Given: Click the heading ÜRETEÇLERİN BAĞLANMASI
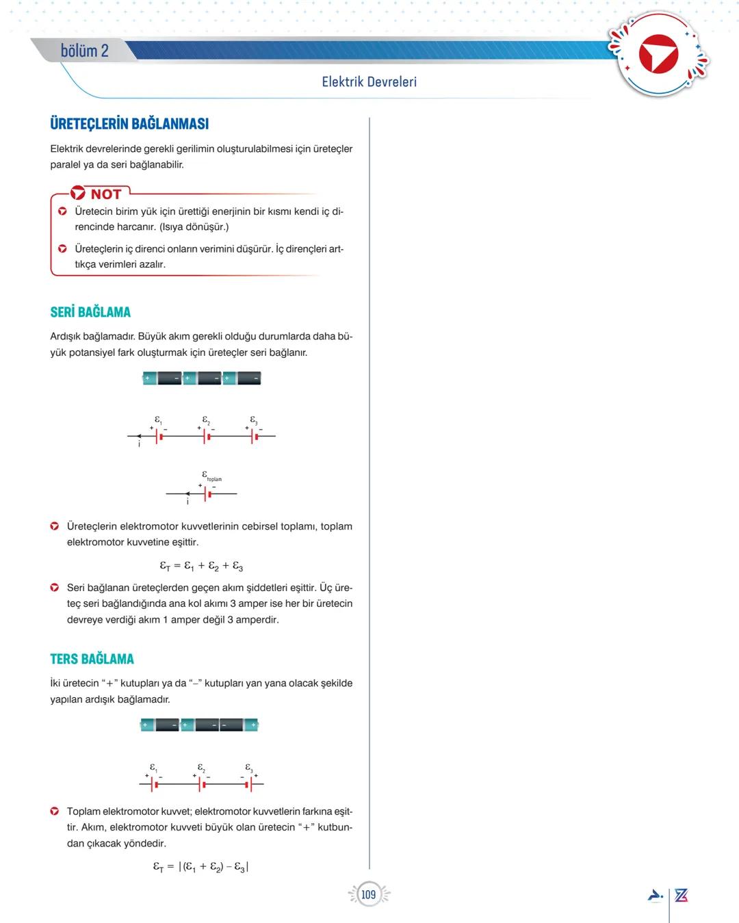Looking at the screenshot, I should click(129, 124).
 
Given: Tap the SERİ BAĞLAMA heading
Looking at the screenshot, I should click(90, 312).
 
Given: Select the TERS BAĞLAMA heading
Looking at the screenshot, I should click(92, 659).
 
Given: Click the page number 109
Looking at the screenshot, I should click(369, 894).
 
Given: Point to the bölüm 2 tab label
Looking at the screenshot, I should click(84, 51).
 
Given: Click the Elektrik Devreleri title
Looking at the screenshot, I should click(369, 82).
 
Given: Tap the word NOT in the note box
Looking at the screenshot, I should click(105, 194).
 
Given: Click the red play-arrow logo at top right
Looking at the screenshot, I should click(658, 55).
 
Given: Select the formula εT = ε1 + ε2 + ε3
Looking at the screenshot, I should click(201, 566).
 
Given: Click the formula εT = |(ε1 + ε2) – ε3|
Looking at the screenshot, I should click(200, 867).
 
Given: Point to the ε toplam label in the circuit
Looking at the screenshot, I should click(211, 476).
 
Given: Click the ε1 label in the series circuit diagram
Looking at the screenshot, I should click(158, 420).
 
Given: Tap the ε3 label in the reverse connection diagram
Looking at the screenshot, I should click(249, 768).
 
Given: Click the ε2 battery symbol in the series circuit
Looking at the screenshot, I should click(205, 436).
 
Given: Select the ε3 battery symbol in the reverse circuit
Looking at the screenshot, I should click(250, 784).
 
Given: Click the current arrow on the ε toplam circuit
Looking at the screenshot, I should click(188, 493).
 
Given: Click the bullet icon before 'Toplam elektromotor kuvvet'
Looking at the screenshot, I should click(54, 811).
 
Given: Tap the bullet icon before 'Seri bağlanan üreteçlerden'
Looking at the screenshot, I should click(54, 588).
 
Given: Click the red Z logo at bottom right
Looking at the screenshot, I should click(681, 895).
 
